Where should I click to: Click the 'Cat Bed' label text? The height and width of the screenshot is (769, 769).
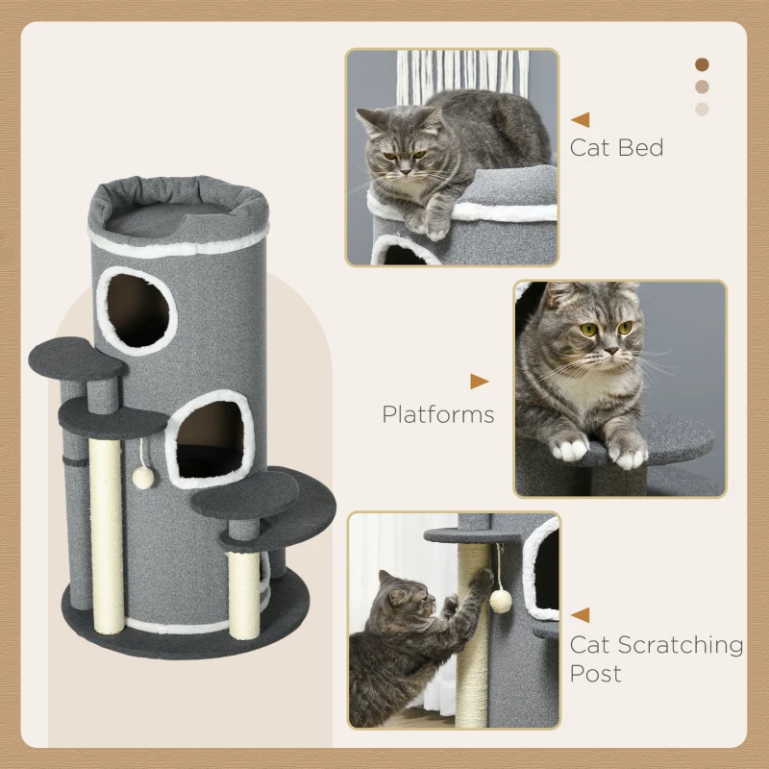pyautogui.click(x=616, y=148)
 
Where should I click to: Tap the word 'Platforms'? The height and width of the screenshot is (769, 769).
pyautogui.click(x=437, y=414)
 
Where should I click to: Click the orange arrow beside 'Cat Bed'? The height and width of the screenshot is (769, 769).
pyautogui.click(x=580, y=120)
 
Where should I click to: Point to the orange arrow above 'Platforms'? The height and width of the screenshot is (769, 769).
pyautogui.click(x=479, y=382)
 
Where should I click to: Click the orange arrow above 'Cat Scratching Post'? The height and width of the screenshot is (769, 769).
pyautogui.click(x=580, y=614)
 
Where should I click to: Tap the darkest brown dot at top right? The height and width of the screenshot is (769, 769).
pyautogui.click(x=702, y=64)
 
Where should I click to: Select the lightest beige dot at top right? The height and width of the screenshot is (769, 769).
pyautogui.click(x=702, y=109)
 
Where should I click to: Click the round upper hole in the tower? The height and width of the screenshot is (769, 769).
pyautogui.click(x=136, y=310)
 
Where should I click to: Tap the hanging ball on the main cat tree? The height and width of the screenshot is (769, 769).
pyautogui.click(x=143, y=477)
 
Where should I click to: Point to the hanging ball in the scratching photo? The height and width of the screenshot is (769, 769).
pyautogui.click(x=500, y=601)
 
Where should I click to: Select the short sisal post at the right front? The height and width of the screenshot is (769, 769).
pyautogui.click(x=243, y=594)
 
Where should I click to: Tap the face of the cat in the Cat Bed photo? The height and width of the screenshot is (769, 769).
pyautogui.click(x=399, y=149)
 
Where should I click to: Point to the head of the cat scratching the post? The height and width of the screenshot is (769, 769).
pyautogui.click(x=404, y=601)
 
